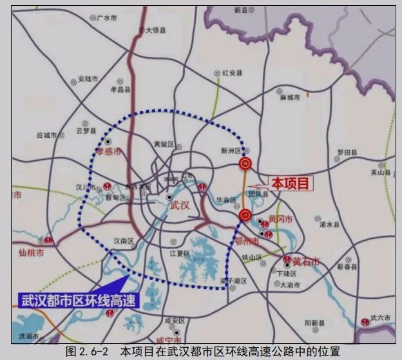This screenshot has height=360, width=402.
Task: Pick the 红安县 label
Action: pos(231,74)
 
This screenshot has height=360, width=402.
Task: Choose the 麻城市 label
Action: pos(291,97)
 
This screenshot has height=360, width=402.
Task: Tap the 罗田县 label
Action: pos(347,153)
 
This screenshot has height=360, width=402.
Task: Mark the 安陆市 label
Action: pos(87,79)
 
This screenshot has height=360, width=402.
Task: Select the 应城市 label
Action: pos(47,135)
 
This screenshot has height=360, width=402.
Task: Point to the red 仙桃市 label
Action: pos(31,253)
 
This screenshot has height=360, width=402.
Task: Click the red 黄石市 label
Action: pos(305,261)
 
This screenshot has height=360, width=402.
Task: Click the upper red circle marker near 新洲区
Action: pos(245,164)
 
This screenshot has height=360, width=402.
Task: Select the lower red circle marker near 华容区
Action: pos(244,214)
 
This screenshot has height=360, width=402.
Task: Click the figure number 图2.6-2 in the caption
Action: pos(89,352)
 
